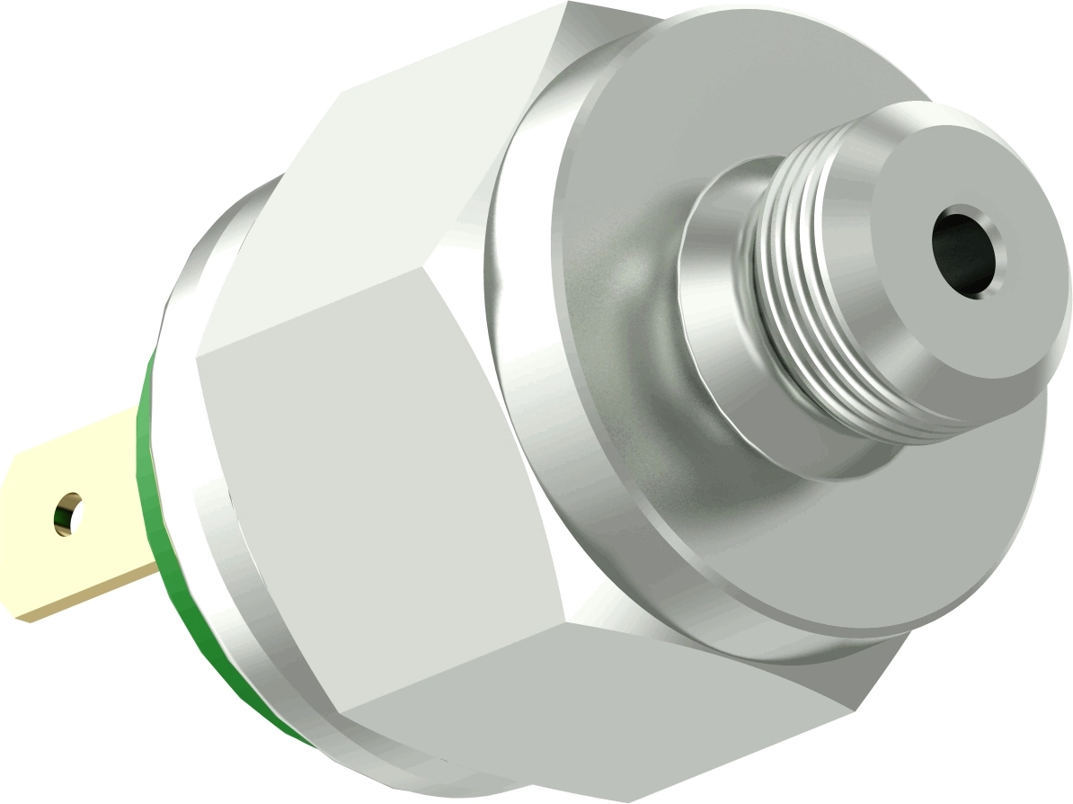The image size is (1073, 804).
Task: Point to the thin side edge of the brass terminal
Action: tap(90, 598)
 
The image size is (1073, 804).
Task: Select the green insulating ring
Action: tap(153, 504)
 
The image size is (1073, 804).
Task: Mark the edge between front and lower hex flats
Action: tap(449, 657)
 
